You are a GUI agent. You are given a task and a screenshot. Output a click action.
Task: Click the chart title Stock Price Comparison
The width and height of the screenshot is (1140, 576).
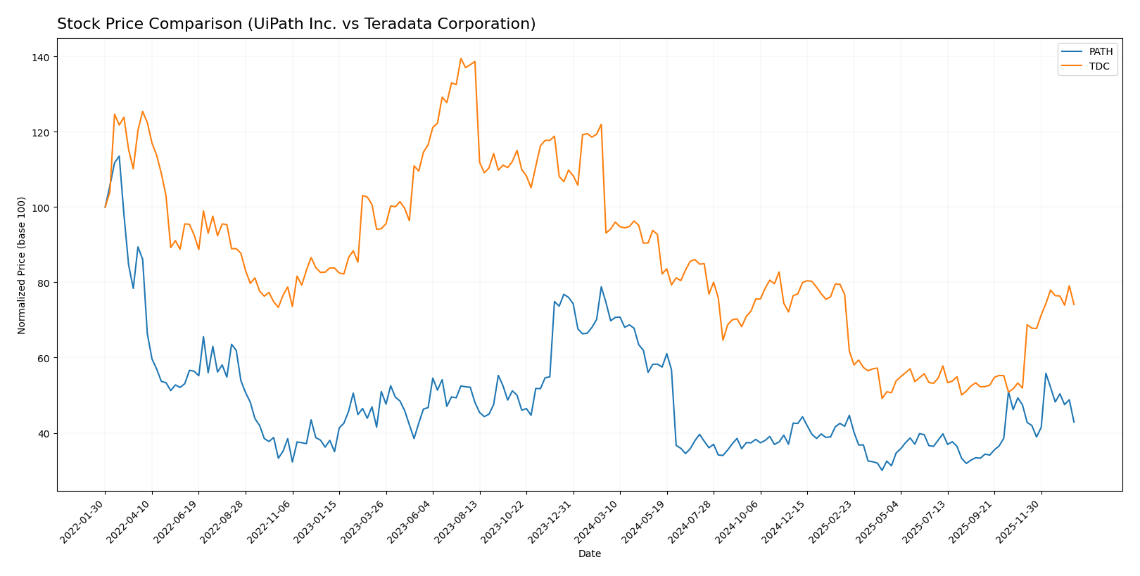point(296,24)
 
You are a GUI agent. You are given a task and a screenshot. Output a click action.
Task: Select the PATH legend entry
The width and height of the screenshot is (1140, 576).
point(1101,51)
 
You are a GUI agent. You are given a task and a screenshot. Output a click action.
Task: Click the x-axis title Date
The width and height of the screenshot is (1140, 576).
point(589,554)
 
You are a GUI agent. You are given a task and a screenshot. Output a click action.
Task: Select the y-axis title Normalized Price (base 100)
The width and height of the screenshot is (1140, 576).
point(22,265)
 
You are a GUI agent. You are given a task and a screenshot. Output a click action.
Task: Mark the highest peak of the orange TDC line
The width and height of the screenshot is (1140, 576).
point(461,58)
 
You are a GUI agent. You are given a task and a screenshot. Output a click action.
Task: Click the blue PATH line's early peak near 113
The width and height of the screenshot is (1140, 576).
point(119,156)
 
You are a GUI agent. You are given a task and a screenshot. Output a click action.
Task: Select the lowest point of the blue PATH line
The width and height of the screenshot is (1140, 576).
point(882,470)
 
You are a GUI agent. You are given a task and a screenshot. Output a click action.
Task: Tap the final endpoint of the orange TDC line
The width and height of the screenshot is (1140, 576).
point(1074,305)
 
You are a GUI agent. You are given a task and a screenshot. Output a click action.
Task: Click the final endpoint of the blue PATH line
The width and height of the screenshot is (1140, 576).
point(1074,422)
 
